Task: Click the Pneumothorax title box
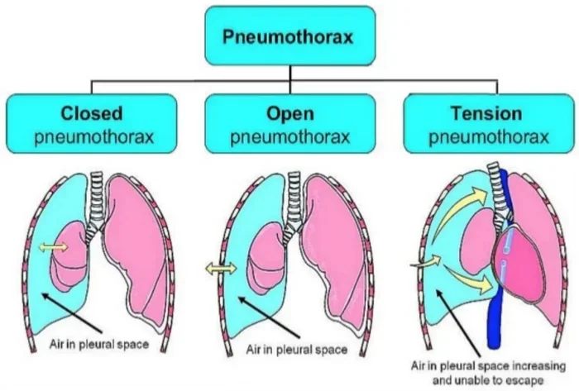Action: (x=290, y=36)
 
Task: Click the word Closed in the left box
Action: (x=92, y=113)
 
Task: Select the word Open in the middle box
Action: (x=290, y=113)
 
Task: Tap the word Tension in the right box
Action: (x=486, y=113)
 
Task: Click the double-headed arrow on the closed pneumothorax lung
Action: (x=54, y=247)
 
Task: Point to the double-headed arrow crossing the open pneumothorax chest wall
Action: (x=221, y=269)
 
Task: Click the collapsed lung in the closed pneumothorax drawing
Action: (x=69, y=255)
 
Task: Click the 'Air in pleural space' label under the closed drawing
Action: (x=99, y=345)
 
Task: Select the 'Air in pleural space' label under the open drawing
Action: (x=296, y=350)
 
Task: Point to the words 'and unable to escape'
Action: (x=488, y=380)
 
